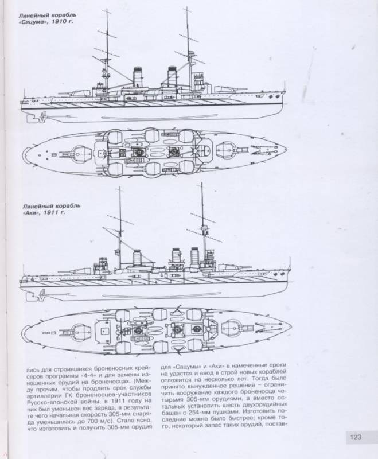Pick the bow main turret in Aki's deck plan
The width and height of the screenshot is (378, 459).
tap(234, 326)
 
